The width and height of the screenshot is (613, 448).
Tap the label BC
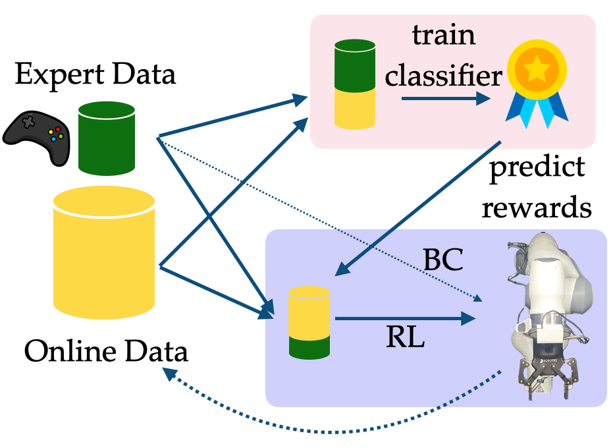[445, 261]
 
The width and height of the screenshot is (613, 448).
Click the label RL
[405, 339]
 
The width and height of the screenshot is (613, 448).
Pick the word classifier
[444, 76]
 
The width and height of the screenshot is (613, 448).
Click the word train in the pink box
[444, 36]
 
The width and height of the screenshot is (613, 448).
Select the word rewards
[537, 208]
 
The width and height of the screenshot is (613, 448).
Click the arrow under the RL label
[404, 320]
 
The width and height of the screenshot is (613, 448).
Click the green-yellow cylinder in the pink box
[355, 84]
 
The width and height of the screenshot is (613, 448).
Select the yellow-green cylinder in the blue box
[309, 322]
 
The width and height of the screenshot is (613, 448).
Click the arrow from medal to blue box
[419, 207]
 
